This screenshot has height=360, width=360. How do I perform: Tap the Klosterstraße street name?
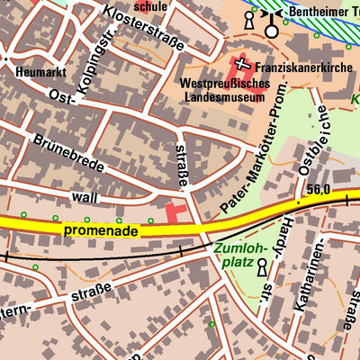coord(145,28)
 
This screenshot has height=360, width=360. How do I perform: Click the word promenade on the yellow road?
coord(100,231)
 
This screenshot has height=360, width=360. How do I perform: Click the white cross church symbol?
coord(242,63)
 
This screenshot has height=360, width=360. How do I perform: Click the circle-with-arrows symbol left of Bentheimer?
coord(271,27)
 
